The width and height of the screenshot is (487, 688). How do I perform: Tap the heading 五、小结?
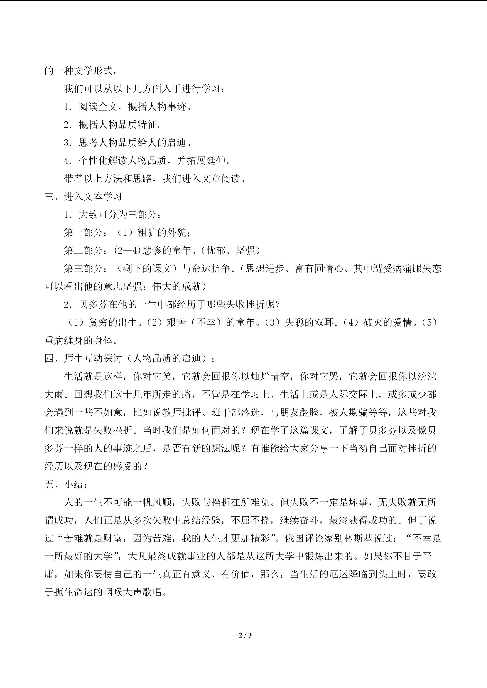click(66, 484)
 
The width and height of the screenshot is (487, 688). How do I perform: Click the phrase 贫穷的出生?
click(113, 322)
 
